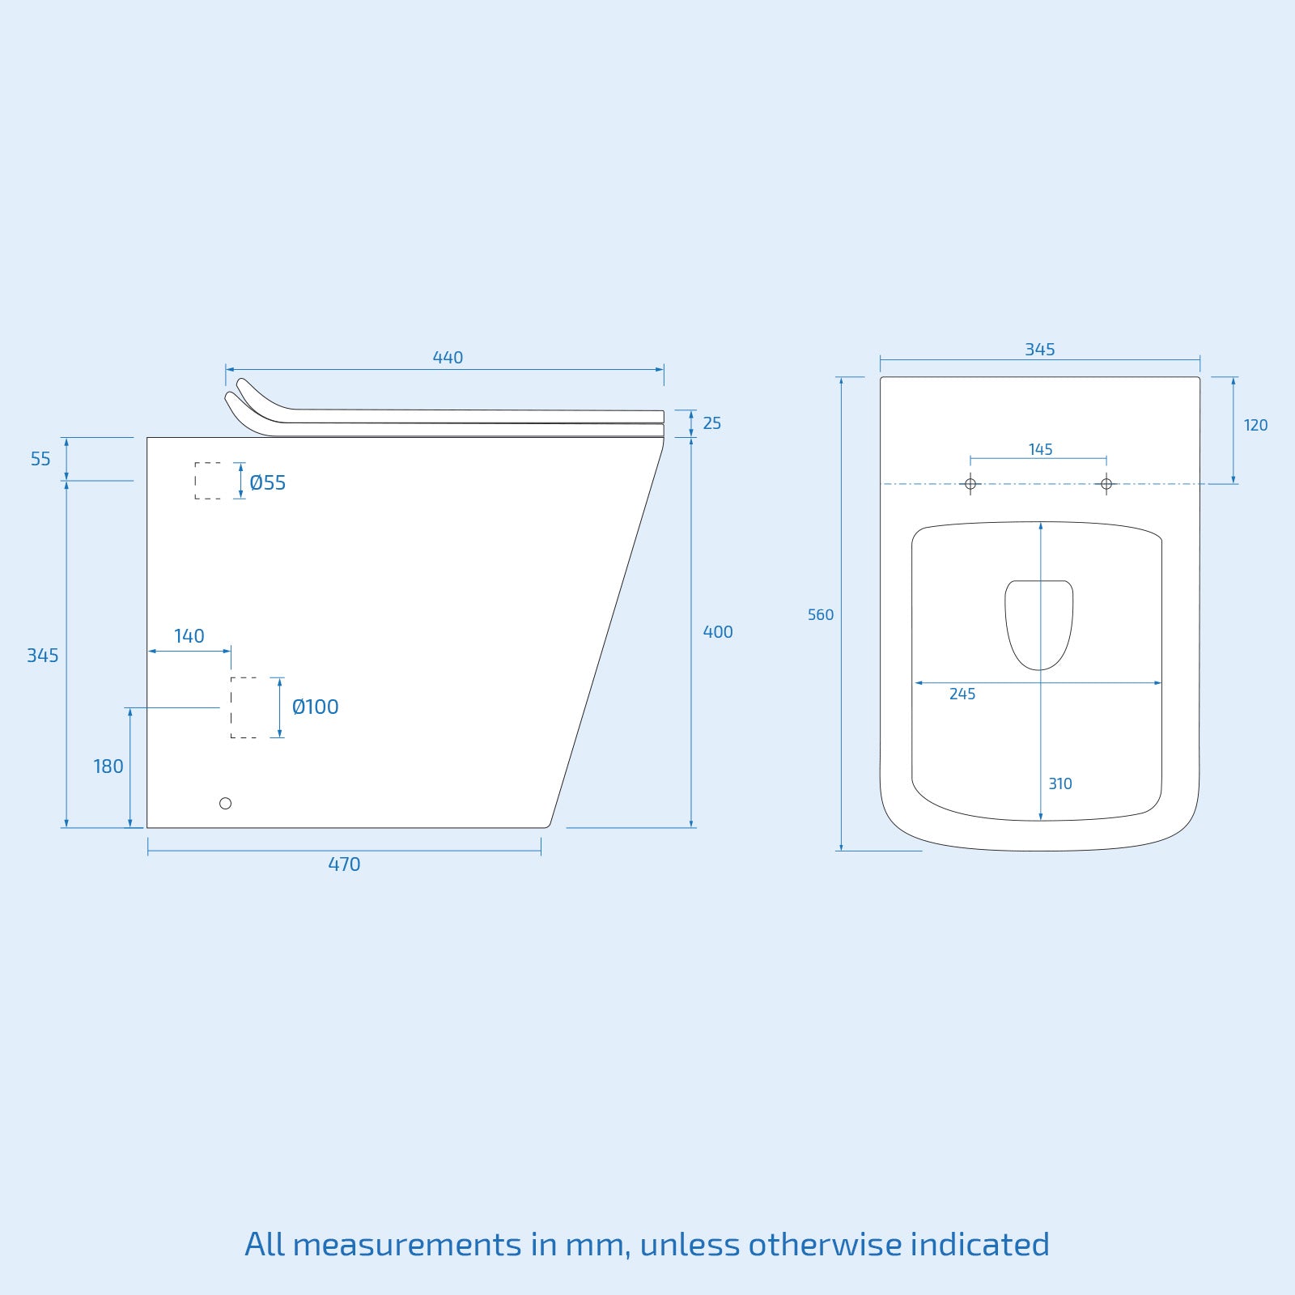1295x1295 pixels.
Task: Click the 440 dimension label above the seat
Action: (448, 358)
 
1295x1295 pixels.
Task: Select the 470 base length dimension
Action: (344, 864)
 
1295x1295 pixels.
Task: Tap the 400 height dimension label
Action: (718, 632)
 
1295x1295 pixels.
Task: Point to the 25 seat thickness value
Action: (711, 423)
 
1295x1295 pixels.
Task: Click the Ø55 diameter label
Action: (268, 483)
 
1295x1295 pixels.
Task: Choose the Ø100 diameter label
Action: (315, 707)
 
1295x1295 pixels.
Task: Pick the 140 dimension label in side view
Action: (189, 636)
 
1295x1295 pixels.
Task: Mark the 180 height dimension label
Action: (108, 766)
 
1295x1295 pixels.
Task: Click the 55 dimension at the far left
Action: (40, 459)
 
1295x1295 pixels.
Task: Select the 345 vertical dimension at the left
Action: (43, 656)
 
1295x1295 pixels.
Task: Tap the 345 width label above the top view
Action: (1040, 350)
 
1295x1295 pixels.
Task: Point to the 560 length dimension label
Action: (821, 615)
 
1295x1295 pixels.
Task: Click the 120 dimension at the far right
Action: (1255, 426)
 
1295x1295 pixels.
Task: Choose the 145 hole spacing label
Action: (1041, 449)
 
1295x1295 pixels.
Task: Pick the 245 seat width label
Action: (962, 694)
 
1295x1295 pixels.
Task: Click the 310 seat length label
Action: (1060, 783)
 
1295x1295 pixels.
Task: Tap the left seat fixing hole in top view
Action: (970, 484)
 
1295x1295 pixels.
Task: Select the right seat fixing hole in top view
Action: (1106, 484)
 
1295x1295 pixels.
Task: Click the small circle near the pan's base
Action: (226, 803)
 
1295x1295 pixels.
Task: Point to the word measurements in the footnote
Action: (407, 1244)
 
